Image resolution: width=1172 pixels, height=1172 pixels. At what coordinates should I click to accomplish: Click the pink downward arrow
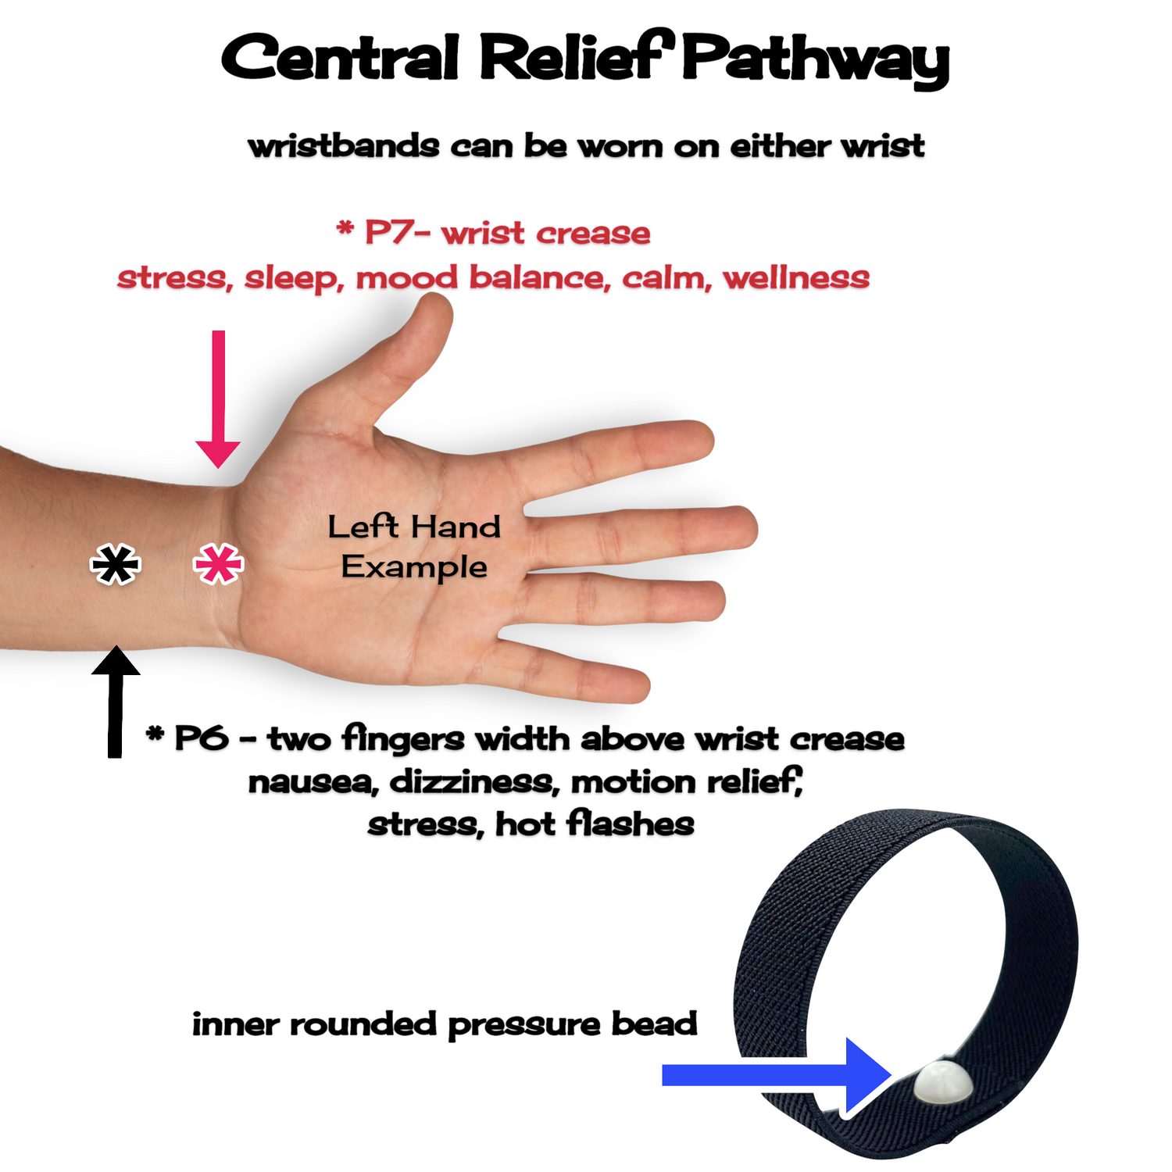pyautogui.click(x=218, y=406)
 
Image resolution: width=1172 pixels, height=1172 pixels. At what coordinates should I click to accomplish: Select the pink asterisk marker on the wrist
pyautogui.click(x=218, y=563)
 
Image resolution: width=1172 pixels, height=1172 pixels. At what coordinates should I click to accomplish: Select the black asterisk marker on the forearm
pyautogui.click(x=116, y=564)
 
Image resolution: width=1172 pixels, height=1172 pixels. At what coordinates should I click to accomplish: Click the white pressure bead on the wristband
pyautogui.click(x=942, y=1082)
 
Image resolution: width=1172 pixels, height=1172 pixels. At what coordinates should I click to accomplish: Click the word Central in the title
pyautogui.click(x=340, y=59)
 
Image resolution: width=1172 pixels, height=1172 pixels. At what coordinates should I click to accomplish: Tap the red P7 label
pyautogui.click(x=391, y=233)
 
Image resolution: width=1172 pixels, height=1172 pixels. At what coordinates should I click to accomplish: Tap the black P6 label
pyautogui.click(x=202, y=738)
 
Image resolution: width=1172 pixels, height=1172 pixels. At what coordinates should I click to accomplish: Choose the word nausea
pyautogui.click(x=313, y=782)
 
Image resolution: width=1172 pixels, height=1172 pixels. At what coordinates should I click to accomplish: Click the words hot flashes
pyautogui.click(x=595, y=824)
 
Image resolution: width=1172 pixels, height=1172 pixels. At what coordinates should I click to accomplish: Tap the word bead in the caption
pyautogui.click(x=654, y=1024)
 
